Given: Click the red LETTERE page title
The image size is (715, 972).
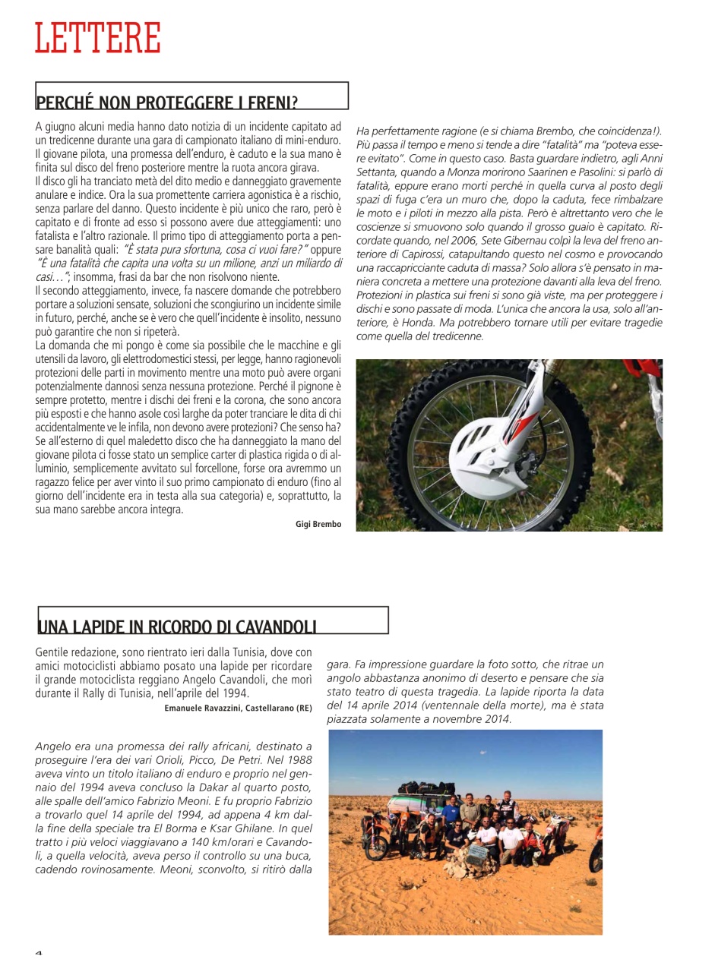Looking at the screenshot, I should (97, 38).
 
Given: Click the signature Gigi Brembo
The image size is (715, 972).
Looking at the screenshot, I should (318, 524).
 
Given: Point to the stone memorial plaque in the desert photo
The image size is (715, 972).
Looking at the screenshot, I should (478, 854).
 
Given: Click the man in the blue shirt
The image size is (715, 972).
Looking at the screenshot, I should (454, 807).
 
